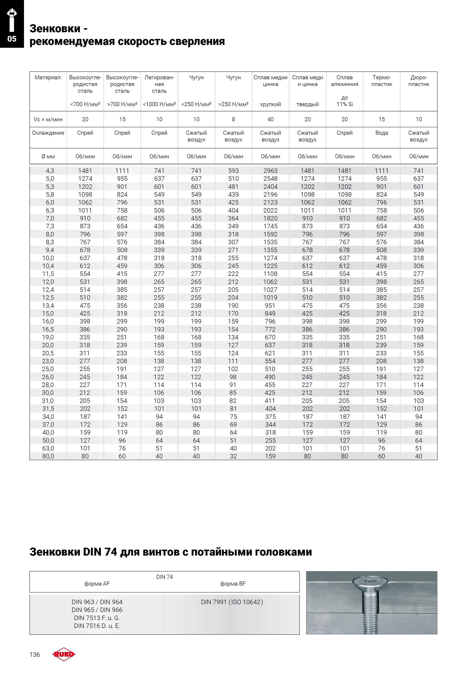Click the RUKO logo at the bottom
pyautogui.click(x=64, y=654)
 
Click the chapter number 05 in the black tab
pyautogui.click(x=12, y=39)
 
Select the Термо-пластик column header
pyautogui.click(x=382, y=81)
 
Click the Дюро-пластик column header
pyautogui.click(x=419, y=81)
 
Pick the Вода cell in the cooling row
pyautogui.click(x=382, y=133)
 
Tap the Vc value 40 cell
pyautogui.click(x=270, y=119)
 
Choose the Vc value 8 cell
pyautogui.click(x=233, y=119)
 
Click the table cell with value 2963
pyautogui.click(x=270, y=171)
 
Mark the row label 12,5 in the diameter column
pyautogui.click(x=48, y=298)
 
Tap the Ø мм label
pyautogui.click(x=48, y=157)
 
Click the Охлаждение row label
pyautogui.click(x=48, y=133)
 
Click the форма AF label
pyautogui.click(x=97, y=584)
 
